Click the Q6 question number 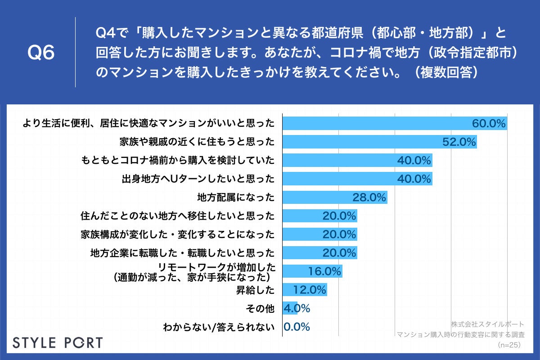(x=41, y=53)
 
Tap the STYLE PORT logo (x=57, y=342)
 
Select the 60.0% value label (x=489, y=123)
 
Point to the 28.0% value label (x=369, y=197)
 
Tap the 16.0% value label (x=324, y=271)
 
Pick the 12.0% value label (x=309, y=290)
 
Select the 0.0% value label (x=297, y=327)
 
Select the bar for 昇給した (x=304, y=290)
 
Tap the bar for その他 (x=289, y=309)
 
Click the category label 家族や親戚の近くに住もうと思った (x=197, y=142)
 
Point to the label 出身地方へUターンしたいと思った (x=198, y=179)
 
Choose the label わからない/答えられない (x=218, y=327)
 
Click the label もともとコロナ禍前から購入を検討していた (x=178, y=160)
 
